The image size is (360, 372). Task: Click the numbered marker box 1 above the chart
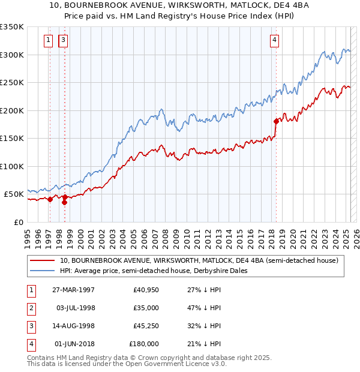(x=48, y=41)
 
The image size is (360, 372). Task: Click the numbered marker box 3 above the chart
(x=63, y=41)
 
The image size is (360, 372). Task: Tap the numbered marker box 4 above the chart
(x=274, y=41)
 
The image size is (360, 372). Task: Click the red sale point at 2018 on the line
(x=276, y=122)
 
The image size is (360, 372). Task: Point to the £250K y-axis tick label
(x=13, y=83)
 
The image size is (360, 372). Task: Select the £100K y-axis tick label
(x=13, y=166)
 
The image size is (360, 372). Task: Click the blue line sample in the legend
(x=42, y=271)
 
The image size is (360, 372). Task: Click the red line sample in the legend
(x=42, y=260)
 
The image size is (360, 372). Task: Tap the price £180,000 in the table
(x=144, y=344)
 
